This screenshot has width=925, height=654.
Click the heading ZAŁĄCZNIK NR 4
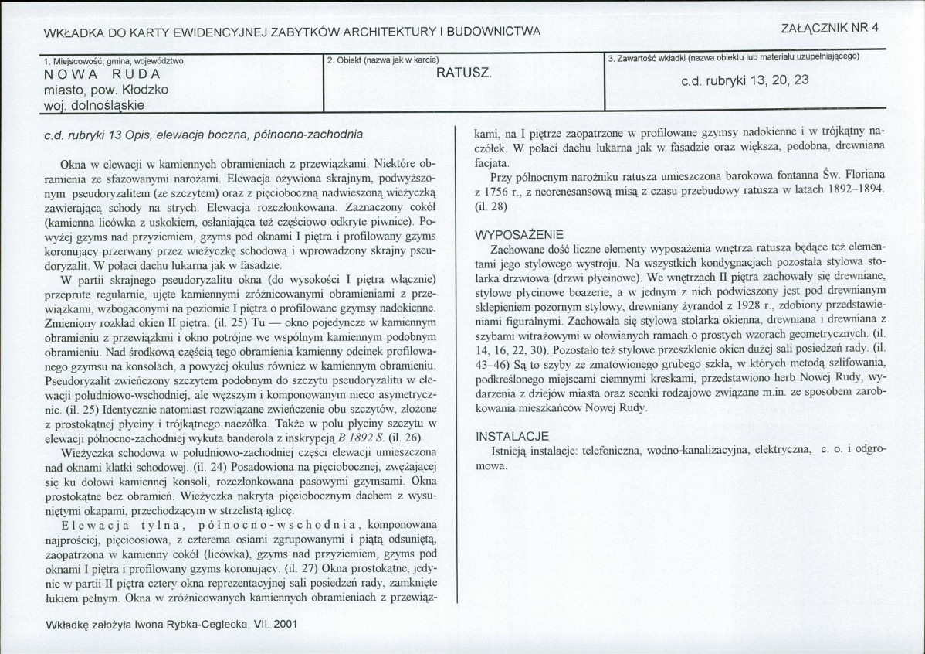[831, 27]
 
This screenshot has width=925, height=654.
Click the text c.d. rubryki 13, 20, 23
[744, 80]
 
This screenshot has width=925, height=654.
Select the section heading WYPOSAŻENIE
[519, 234]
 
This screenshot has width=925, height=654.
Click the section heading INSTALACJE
[512, 436]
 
